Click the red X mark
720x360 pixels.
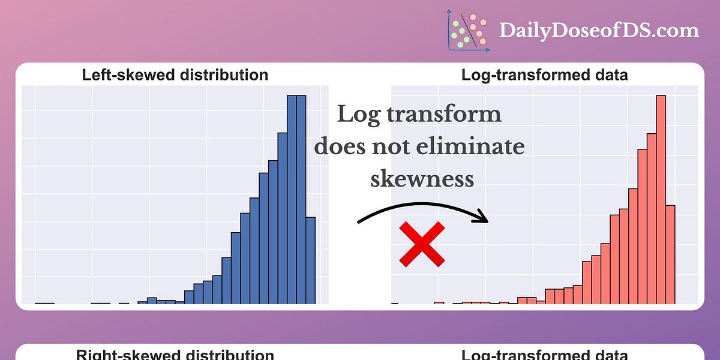click(x=422, y=244)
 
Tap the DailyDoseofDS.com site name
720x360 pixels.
click(x=599, y=31)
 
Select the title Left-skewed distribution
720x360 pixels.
click(x=175, y=75)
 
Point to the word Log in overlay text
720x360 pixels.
click(x=359, y=113)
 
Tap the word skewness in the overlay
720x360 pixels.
click(x=422, y=178)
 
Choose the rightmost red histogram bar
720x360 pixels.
click(x=671, y=254)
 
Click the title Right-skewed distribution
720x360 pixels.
click(x=175, y=354)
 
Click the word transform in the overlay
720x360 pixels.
click(x=445, y=113)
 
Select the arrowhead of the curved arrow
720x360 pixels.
click(x=483, y=218)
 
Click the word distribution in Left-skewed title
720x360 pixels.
click(x=223, y=75)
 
